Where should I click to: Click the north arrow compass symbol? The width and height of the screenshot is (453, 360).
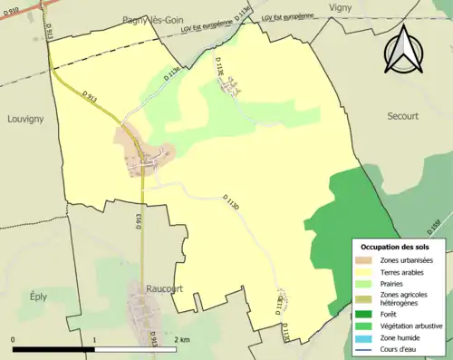(x=404, y=50)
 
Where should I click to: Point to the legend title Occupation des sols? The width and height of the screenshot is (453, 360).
(x=399, y=247)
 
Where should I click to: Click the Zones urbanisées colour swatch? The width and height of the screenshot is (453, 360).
(x=367, y=261)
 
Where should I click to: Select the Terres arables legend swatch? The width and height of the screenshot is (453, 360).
(x=367, y=272)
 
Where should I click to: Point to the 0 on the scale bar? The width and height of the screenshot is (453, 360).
(x=14, y=339)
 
